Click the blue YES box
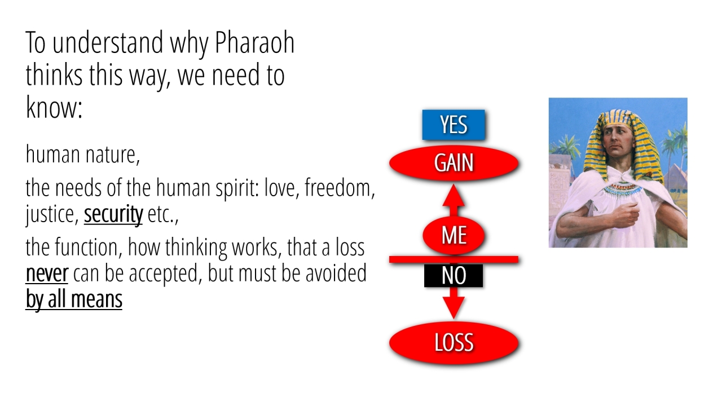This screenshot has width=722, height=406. [x=454, y=125]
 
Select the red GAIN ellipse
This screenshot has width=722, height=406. [x=454, y=163]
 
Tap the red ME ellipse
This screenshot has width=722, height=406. [x=454, y=235]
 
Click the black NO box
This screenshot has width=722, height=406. [x=454, y=276]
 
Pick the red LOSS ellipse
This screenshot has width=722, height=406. [x=454, y=342]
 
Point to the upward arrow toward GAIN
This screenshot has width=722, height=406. [x=454, y=200]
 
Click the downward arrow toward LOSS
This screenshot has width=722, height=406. [x=454, y=303]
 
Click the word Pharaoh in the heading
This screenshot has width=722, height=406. [x=254, y=42]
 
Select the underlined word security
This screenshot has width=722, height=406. [x=113, y=214]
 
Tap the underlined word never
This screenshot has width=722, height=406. [x=47, y=273]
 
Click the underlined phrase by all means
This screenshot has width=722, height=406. [x=74, y=299]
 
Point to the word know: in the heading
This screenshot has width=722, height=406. [x=54, y=107]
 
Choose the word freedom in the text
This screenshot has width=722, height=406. [x=340, y=188]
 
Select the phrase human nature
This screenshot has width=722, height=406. [x=83, y=155]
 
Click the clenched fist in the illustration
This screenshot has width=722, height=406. [x=626, y=214]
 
